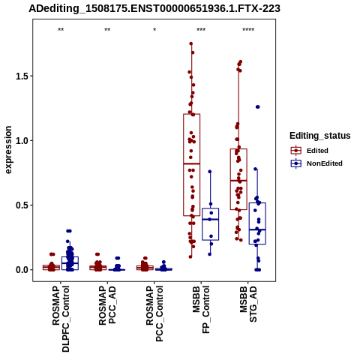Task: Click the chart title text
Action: point(154,8)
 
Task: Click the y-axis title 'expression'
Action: point(8,150)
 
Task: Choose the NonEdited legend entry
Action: point(316,163)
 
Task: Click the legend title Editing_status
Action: point(320,136)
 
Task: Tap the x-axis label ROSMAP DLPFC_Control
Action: point(61,319)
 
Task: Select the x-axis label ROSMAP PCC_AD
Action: point(107,305)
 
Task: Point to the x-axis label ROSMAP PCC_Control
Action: point(154,313)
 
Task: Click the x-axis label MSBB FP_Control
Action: point(201,310)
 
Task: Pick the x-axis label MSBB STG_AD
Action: point(248,304)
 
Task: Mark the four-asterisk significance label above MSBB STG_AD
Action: point(248,30)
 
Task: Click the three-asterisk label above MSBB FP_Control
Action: point(201,30)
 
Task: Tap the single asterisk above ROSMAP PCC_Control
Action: point(154,30)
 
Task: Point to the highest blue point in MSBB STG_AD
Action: point(258,107)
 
